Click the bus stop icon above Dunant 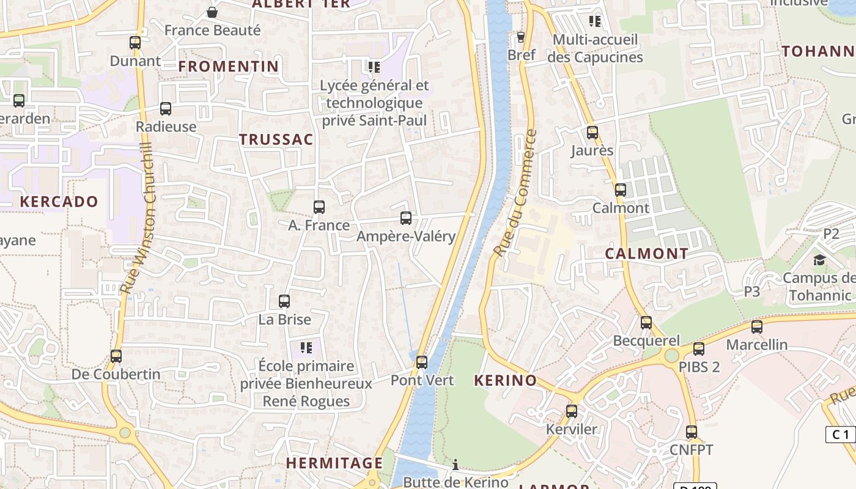135,43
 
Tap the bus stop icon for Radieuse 166,109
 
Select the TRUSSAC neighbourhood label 276,139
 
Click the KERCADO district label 59,202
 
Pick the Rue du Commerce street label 515,193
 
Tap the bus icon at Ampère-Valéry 406,218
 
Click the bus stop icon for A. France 319,207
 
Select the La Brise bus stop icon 284,301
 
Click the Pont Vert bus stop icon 422,362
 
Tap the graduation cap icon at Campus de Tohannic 819,260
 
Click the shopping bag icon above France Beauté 212,12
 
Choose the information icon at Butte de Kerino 456,465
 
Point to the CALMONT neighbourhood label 647,254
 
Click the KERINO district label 506,380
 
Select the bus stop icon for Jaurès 592,133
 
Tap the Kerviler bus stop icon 572,411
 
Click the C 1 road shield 841,435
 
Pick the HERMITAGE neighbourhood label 334,463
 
